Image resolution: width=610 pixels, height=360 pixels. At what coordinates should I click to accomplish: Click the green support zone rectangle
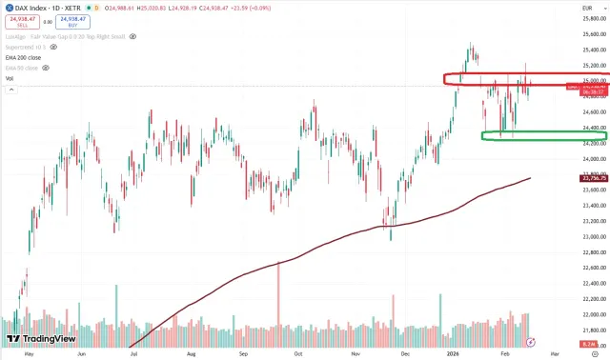click(x=531, y=136)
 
